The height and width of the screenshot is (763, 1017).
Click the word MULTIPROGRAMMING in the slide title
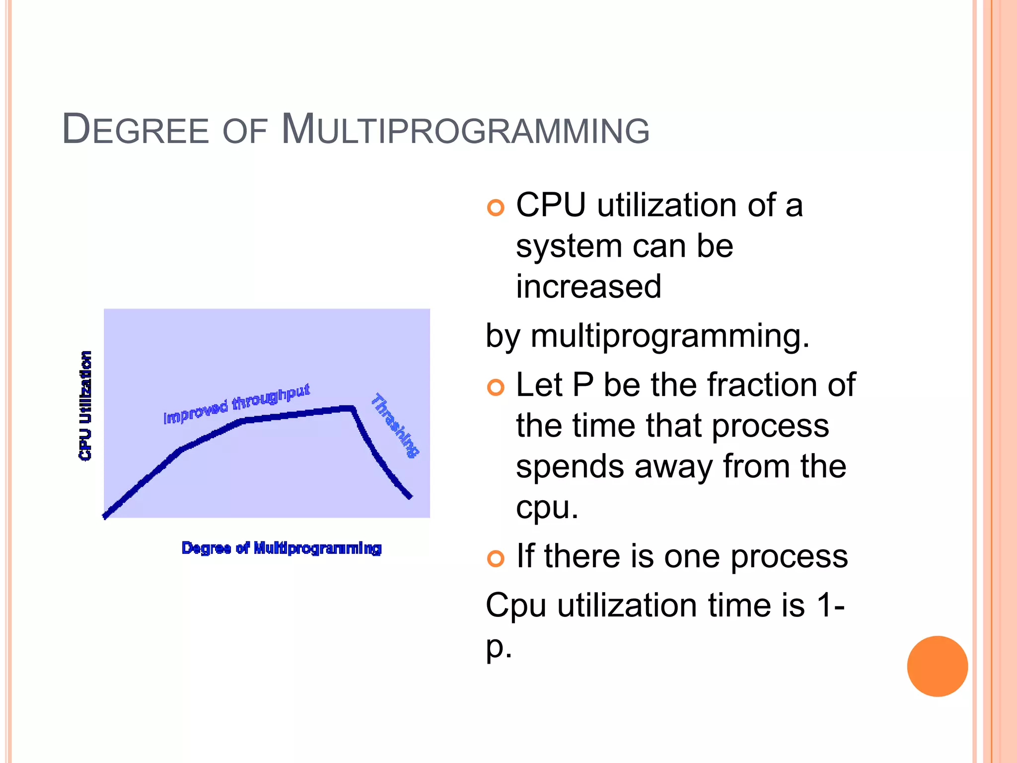point(465,130)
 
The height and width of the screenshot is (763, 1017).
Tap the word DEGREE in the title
point(135,130)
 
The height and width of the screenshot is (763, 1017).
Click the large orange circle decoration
point(937,666)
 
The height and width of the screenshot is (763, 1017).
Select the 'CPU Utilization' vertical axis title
point(85,406)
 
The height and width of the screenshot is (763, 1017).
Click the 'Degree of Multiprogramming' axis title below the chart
point(282,548)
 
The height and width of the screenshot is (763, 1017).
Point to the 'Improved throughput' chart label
point(237,404)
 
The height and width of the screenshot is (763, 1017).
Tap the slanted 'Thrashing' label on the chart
point(395,425)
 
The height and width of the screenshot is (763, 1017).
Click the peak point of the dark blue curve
point(352,408)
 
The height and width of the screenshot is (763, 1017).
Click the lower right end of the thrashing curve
point(410,496)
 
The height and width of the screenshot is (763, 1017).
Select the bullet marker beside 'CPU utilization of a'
point(496,207)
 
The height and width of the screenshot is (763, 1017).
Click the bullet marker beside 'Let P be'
point(496,387)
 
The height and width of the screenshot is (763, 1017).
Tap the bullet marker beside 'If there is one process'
point(496,558)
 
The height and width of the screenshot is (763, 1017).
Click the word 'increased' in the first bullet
point(588,287)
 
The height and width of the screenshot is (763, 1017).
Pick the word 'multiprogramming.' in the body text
point(670,336)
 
